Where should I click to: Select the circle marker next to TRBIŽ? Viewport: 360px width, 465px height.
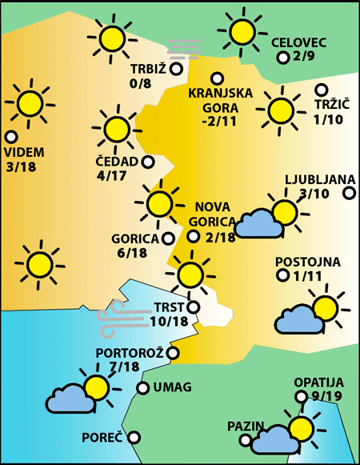point(176,68)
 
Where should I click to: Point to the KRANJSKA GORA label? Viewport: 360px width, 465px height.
point(220,99)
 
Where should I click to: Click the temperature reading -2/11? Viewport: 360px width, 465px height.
point(219,121)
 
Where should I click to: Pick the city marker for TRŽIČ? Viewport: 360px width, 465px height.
point(322,90)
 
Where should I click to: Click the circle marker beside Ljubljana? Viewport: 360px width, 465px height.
point(349,193)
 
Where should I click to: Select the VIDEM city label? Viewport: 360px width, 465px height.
point(24,152)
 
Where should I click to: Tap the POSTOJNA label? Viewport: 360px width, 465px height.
point(308,262)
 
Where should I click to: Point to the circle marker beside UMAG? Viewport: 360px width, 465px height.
point(142,388)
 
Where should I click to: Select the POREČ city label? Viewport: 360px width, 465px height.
point(102,438)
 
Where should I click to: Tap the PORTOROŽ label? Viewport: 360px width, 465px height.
point(130,353)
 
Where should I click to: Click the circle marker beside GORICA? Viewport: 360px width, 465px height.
point(168,238)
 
